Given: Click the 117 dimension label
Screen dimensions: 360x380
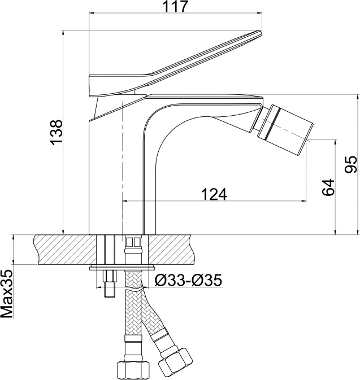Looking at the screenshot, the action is pyautogui.click(x=175, y=6).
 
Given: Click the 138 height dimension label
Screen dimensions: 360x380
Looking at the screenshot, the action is pyautogui.click(x=57, y=133).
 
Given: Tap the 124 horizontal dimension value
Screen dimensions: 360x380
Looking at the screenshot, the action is pyautogui.click(x=214, y=194).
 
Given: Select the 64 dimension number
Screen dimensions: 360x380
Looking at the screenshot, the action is pyautogui.click(x=328, y=187).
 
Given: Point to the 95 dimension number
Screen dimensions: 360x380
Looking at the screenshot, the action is pyautogui.click(x=351, y=164).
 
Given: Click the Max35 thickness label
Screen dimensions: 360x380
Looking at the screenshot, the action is pyautogui.click(x=7, y=294).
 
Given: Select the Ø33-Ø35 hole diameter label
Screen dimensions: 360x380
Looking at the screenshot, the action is pyautogui.click(x=188, y=281).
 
